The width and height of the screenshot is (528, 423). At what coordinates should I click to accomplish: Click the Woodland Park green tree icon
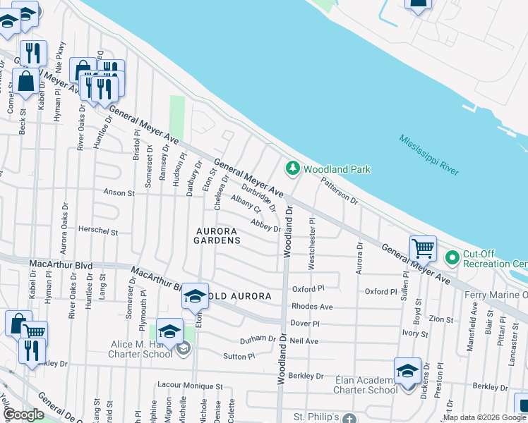click(x=292, y=168)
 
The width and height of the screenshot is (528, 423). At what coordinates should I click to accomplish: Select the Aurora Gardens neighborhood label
click(x=217, y=235)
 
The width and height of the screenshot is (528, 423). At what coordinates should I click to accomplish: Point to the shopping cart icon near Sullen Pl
click(x=423, y=248)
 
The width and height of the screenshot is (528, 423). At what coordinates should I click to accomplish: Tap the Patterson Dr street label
click(x=340, y=191)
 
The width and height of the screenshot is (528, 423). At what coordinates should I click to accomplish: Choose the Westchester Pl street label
click(x=311, y=243)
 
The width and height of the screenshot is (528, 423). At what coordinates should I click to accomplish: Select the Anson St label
click(x=119, y=192)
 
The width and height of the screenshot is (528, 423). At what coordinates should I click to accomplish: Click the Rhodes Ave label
click(x=312, y=307)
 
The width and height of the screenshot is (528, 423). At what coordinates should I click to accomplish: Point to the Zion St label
click(x=441, y=319)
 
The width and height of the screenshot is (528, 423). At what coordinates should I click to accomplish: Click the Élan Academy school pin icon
click(x=408, y=371)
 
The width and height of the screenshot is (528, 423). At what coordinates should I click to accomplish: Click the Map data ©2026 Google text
click(x=484, y=417)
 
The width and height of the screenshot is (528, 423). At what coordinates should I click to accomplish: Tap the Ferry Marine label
click(x=498, y=294)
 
